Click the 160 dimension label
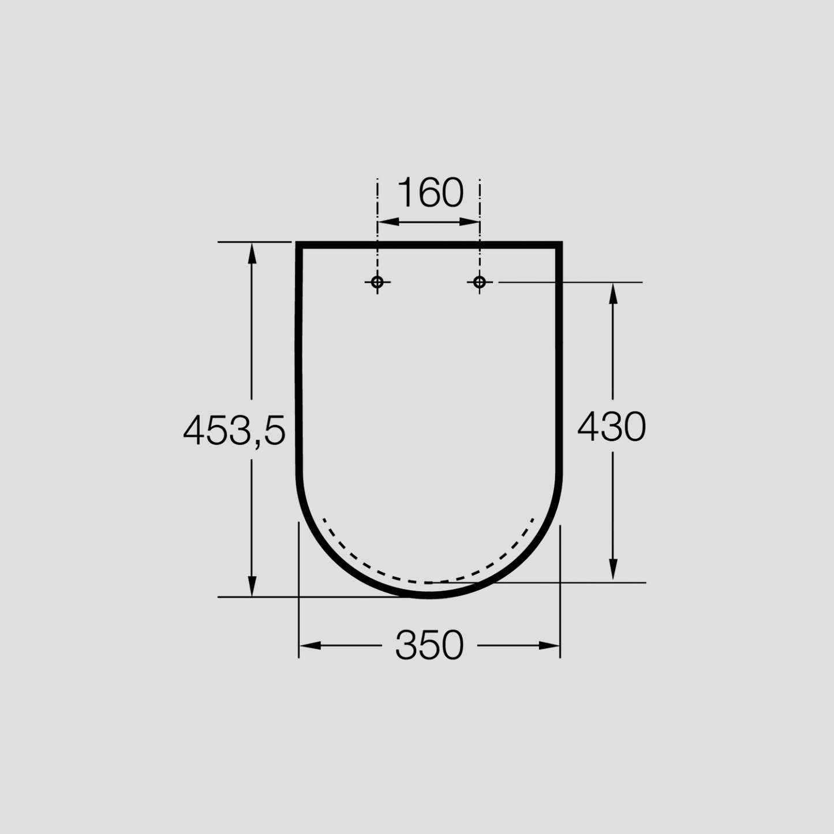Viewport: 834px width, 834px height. pyautogui.click(x=431, y=193)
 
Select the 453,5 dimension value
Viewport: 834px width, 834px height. pyautogui.click(x=234, y=430)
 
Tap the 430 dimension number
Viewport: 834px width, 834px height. pyautogui.click(x=612, y=427)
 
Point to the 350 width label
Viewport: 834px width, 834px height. pyautogui.click(x=429, y=645)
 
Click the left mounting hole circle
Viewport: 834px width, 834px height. pyautogui.click(x=377, y=282)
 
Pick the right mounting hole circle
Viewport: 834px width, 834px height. pyautogui.click(x=480, y=282)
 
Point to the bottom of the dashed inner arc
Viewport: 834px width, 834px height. pyautogui.click(x=429, y=582)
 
